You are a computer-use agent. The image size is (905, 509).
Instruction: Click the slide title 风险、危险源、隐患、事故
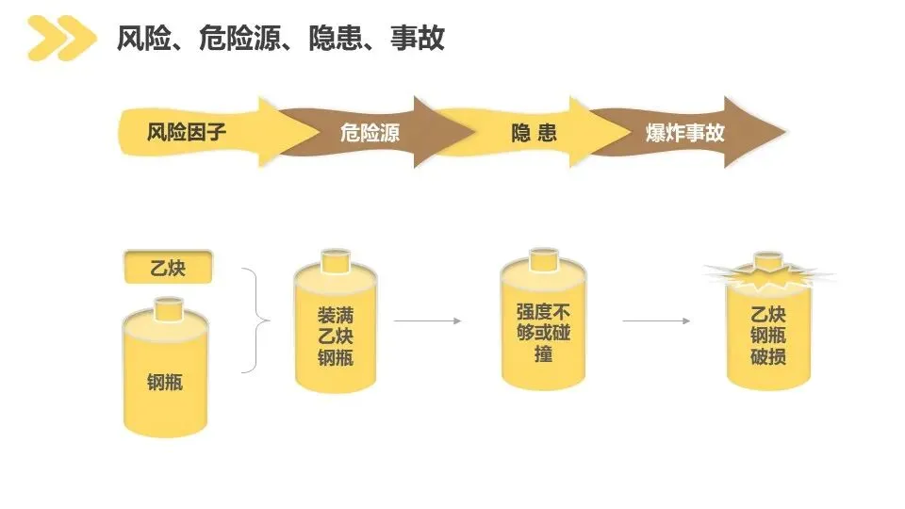click(280, 39)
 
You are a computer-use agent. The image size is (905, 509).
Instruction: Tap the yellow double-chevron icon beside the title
click(60, 39)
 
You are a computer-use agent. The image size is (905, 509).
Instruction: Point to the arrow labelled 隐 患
click(534, 132)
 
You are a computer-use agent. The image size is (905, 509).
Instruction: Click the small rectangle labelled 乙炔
click(168, 269)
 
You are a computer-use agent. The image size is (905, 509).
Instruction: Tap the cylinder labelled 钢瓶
click(165, 377)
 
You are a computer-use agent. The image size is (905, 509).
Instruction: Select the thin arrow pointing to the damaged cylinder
click(655, 321)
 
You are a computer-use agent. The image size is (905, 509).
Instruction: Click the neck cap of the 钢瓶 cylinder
click(169, 307)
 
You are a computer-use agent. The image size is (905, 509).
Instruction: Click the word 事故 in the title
click(419, 39)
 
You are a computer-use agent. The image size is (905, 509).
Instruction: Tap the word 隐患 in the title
click(333, 39)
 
